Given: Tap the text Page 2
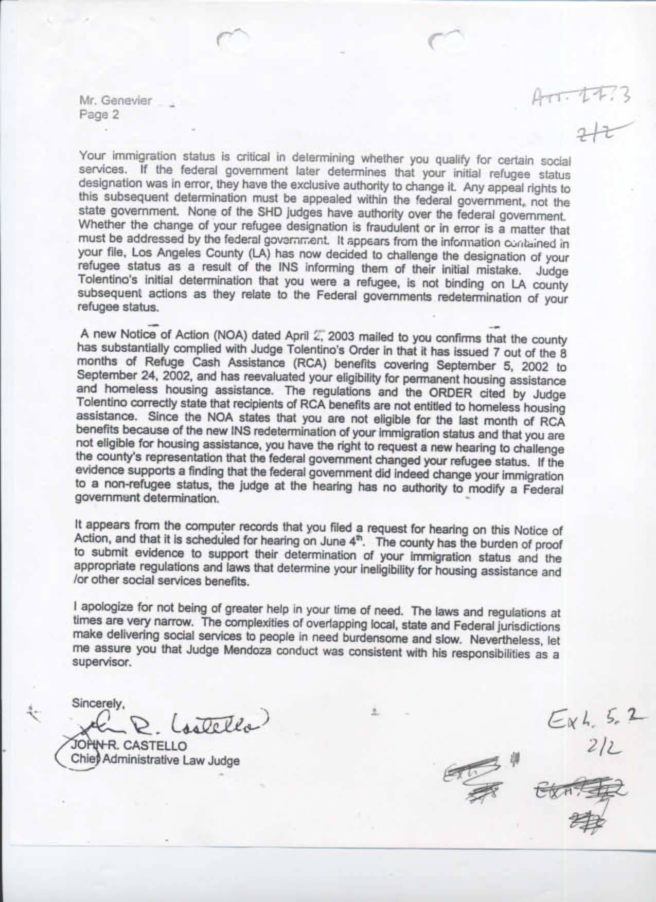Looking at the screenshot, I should pos(99,115).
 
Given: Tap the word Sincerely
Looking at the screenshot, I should pos(98,702).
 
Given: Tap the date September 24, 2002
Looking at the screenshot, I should pos(134,375).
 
